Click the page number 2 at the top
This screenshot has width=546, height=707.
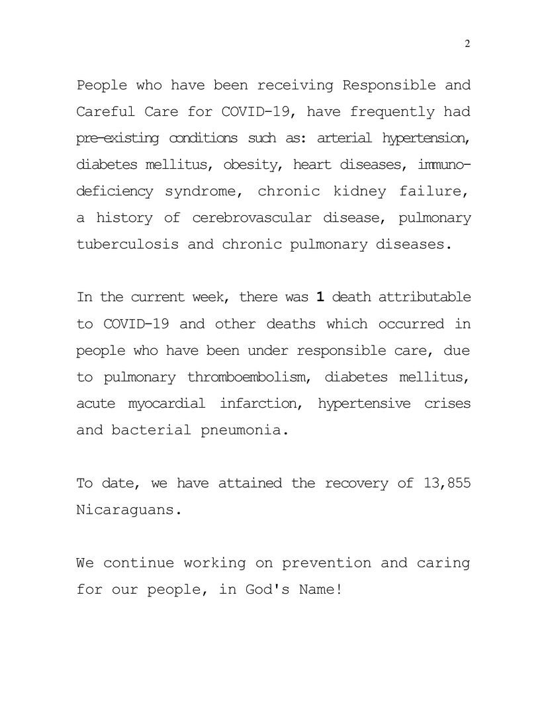[467, 44]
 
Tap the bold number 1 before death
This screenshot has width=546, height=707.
[320, 297]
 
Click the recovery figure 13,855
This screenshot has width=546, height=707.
[446, 483]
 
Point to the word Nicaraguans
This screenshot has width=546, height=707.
[128, 510]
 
